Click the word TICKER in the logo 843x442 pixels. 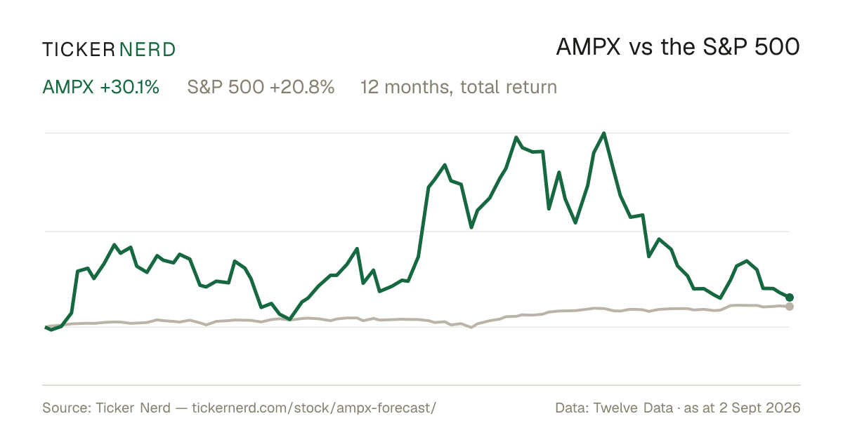[x=78, y=50]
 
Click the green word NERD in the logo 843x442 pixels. [x=147, y=50]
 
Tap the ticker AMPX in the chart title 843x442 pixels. [x=588, y=47]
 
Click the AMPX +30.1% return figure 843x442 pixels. [x=101, y=87]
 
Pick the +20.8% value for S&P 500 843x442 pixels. [x=302, y=87]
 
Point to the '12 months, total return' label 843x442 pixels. [x=458, y=87]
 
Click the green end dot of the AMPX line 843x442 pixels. [x=790, y=297]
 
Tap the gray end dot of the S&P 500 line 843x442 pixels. [x=790, y=307]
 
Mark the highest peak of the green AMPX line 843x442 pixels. [x=604, y=133]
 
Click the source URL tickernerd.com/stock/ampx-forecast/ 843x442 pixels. [x=314, y=408]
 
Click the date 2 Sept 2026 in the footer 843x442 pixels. [x=760, y=408]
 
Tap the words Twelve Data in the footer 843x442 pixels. [x=633, y=408]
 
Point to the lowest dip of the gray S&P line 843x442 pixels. [x=471, y=328]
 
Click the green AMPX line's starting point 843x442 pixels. [x=46, y=328]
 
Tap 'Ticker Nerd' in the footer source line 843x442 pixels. [x=133, y=408]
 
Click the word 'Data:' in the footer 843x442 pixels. [x=572, y=408]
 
